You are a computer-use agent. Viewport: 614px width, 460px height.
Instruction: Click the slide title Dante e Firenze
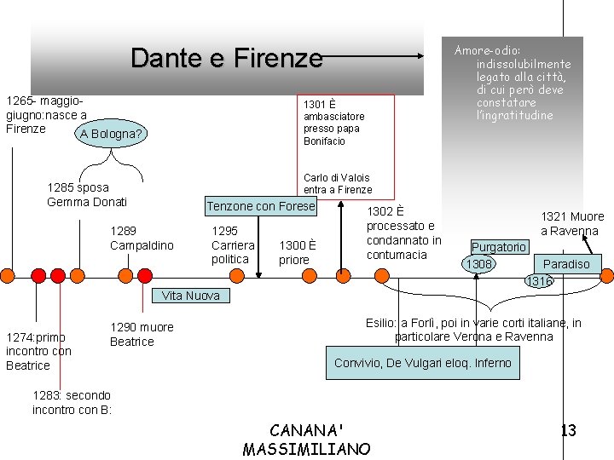[x=227, y=58]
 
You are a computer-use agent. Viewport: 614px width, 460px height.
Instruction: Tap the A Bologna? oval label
[x=109, y=134]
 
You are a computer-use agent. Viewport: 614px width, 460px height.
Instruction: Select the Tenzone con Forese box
[x=261, y=206]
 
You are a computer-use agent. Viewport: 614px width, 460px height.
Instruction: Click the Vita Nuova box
[x=191, y=296]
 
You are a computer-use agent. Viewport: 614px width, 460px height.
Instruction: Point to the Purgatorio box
[x=499, y=247]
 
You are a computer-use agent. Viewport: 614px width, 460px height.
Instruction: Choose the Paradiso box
[x=566, y=263]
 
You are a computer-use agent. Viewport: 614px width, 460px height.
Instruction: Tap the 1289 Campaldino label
[x=142, y=239]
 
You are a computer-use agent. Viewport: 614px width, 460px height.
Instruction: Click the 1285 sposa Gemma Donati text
[x=87, y=195]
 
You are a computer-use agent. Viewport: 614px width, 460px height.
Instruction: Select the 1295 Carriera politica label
[x=233, y=244]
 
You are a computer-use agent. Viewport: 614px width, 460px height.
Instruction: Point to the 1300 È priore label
[x=298, y=252]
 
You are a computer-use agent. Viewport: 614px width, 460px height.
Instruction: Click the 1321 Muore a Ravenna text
[x=573, y=223]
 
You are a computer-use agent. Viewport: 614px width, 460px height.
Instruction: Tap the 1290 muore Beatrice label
[x=142, y=334]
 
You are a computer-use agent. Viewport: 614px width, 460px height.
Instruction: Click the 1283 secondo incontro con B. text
[x=72, y=402]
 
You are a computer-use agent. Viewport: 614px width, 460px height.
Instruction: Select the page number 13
[x=568, y=430]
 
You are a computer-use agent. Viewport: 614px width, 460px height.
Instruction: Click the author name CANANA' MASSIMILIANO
[x=307, y=440]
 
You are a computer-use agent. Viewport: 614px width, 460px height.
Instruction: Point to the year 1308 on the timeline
[x=478, y=264]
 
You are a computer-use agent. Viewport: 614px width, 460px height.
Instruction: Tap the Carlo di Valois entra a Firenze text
[x=338, y=184]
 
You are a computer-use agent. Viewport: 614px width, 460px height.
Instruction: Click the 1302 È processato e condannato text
[x=403, y=233]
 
